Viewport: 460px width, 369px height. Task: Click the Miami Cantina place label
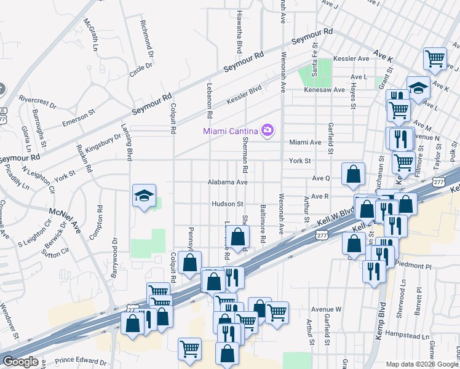coord(231,130)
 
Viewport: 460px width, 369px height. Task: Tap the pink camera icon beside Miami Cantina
coord(267,130)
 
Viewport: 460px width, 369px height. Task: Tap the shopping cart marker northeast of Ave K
coord(435,59)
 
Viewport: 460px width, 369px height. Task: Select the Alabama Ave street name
coord(227,183)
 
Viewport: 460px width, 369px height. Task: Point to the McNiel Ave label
coord(65,220)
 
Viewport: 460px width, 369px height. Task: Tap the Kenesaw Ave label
coord(325,90)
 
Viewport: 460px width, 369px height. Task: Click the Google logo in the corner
coord(20,361)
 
